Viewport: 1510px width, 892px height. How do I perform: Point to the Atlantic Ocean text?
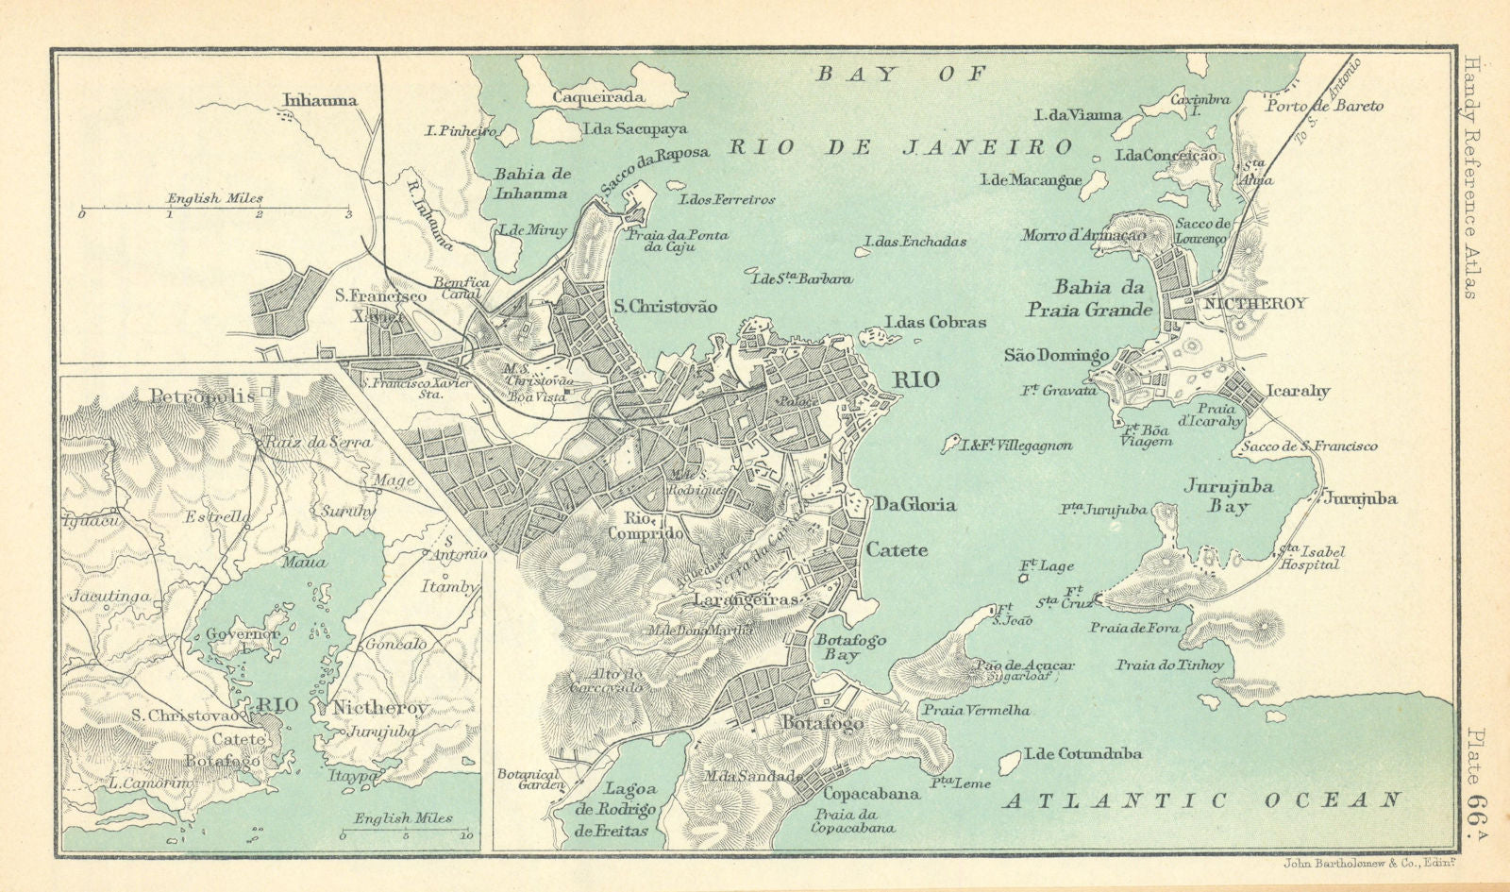tap(1202, 801)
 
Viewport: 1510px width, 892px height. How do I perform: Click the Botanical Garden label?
tap(528, 781)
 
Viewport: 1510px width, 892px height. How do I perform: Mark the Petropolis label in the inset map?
tap(201, 396)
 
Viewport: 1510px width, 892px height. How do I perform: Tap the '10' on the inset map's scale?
tap(465, 836)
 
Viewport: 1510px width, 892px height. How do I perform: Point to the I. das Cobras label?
tap(935, 322)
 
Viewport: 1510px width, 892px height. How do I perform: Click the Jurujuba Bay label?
tap(1229, 496)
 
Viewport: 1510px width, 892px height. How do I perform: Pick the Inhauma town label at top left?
tap(320, 99)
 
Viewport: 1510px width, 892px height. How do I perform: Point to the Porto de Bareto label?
tap(1325, 106)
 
